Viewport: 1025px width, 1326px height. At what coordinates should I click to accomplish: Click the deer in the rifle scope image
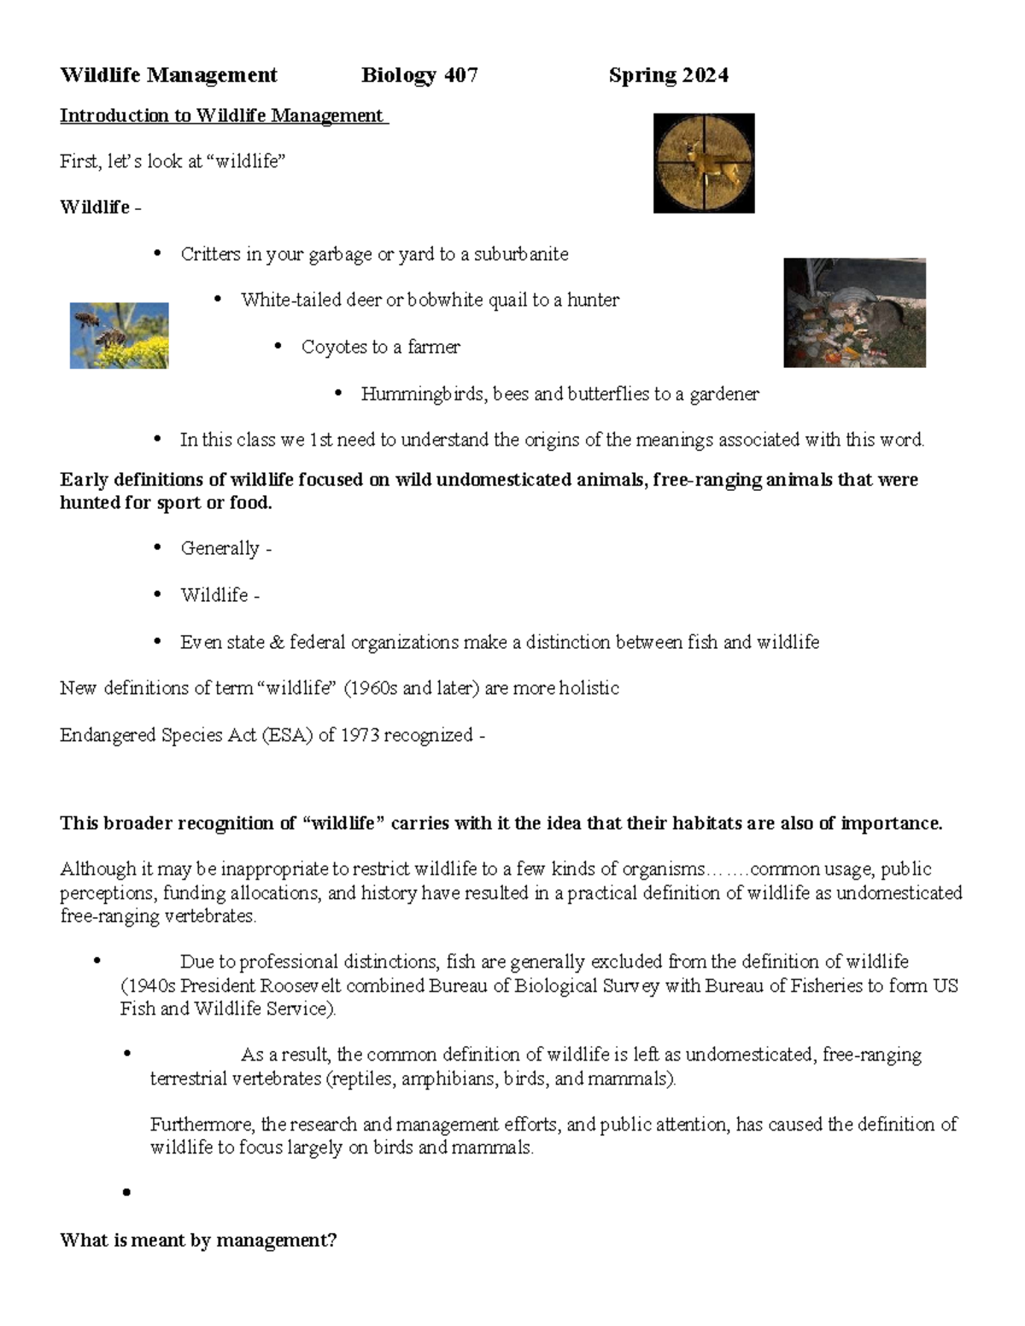pos(706,164)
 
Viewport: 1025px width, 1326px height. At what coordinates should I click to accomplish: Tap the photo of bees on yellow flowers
pos(119,336)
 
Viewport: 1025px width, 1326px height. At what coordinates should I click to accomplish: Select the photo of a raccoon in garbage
pos(854,313)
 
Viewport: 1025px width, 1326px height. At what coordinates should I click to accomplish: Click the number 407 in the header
pos(460,75)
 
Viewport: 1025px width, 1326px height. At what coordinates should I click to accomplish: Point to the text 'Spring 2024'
pos(668,75)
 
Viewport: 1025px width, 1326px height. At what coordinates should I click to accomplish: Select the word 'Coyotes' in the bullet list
pos(333,347)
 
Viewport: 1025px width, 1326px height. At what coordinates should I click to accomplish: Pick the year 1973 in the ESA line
pos(359,734)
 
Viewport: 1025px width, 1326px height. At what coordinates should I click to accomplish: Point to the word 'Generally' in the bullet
pos(220,548)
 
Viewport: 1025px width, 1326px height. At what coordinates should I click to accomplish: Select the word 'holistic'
pos(589,688)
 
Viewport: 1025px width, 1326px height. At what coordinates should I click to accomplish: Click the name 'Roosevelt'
pos(300,985)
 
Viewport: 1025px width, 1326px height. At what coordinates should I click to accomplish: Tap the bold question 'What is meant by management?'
pos(198,1240)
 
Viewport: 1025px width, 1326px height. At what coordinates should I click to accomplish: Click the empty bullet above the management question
pos(126,1193)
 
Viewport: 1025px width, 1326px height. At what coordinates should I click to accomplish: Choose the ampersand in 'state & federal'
pos(276,642)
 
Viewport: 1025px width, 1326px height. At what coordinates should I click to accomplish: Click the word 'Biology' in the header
pos(399,75)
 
